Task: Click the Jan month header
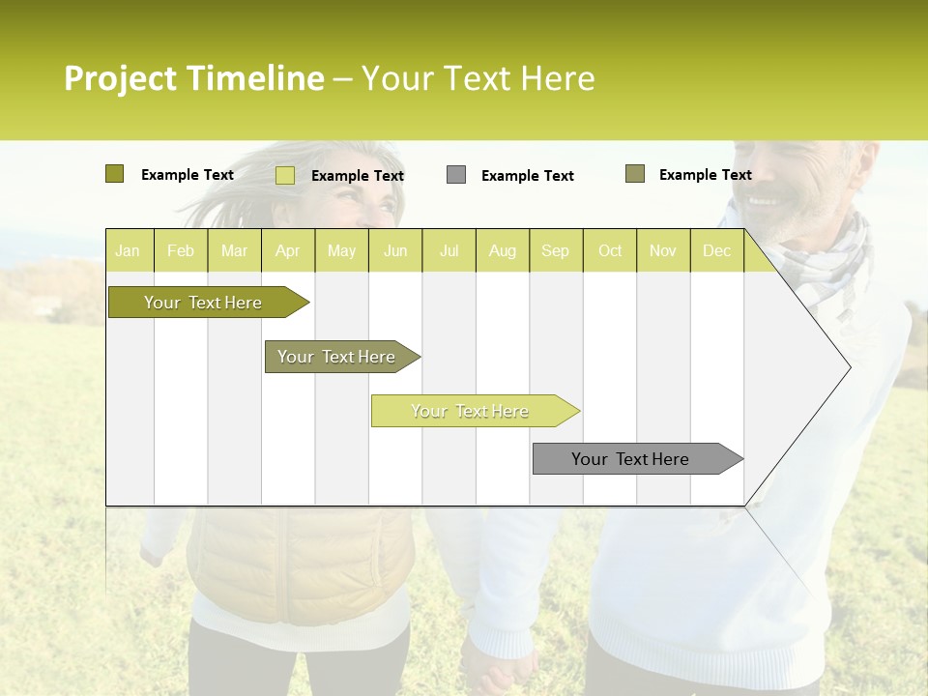point(129,250)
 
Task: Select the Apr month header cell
point(287,250)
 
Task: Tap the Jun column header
point(395,250)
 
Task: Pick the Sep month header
point(555,250)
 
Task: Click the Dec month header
point(716,250)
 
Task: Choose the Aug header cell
point(502,250)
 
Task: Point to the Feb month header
point(181,250)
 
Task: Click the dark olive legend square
point(114,174)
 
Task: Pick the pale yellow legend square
point(284,175)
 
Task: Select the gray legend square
point(456,174)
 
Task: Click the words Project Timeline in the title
point(193,78)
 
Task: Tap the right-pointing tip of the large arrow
point(848,366)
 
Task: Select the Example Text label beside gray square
point(527,176)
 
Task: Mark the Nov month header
point(662,250)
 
